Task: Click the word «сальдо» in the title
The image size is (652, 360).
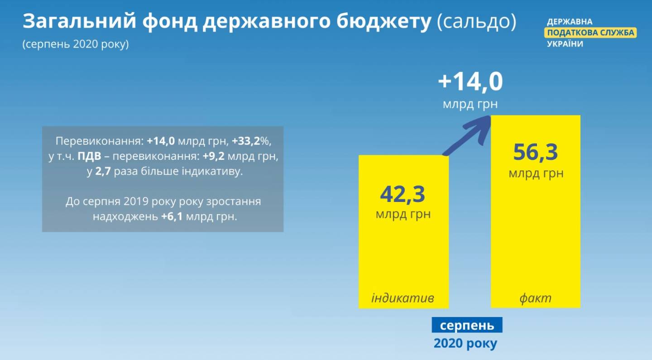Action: pos(476,21)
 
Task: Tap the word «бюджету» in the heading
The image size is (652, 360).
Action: pos(384,22)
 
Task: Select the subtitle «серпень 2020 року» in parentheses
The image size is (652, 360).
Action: pos(76,44)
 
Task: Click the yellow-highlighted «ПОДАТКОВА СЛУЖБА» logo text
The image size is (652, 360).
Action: pos(590,33)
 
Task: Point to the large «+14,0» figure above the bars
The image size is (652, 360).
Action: pos(470,82)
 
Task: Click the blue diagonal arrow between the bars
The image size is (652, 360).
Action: pos(466,135)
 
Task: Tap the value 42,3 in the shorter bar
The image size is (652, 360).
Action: pos(403,194)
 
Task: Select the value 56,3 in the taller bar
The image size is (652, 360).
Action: pos(536,152)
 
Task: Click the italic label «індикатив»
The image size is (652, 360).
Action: pos(403,298)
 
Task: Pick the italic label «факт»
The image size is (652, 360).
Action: pos(535,298)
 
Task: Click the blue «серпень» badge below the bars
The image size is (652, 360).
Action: pos(467,325)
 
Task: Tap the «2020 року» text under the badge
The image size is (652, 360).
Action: pos(465,343)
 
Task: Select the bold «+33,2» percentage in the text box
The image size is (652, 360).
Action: pos(246,141)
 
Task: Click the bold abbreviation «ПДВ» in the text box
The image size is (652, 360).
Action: pos(89,156)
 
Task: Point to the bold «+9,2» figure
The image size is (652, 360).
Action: pos(213,156)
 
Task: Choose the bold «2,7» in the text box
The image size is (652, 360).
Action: pos(103,171)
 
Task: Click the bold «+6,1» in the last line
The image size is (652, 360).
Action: pos(172,216)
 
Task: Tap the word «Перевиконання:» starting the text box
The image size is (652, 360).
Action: pos(100,141)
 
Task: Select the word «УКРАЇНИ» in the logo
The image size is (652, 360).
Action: pos(565,44)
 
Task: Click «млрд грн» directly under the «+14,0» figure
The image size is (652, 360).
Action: pos(470,104)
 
